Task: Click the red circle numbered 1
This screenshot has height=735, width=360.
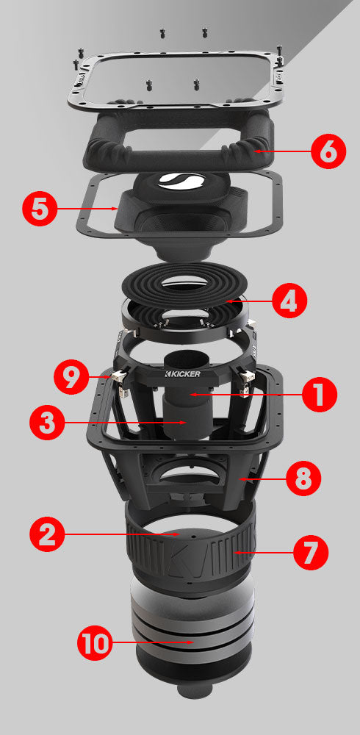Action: pyautogui.click(x=318, y=395)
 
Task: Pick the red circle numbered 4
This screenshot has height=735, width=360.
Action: pyautogui.click(x=289, y=301)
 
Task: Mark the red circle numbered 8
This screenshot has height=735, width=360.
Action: pyautogui.click(x=303, y=478)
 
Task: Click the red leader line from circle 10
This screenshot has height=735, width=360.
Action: pyautogui.click(x=154, y=643)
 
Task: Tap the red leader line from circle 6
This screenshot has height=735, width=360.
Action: pyautogui.click(x=283, y=151)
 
